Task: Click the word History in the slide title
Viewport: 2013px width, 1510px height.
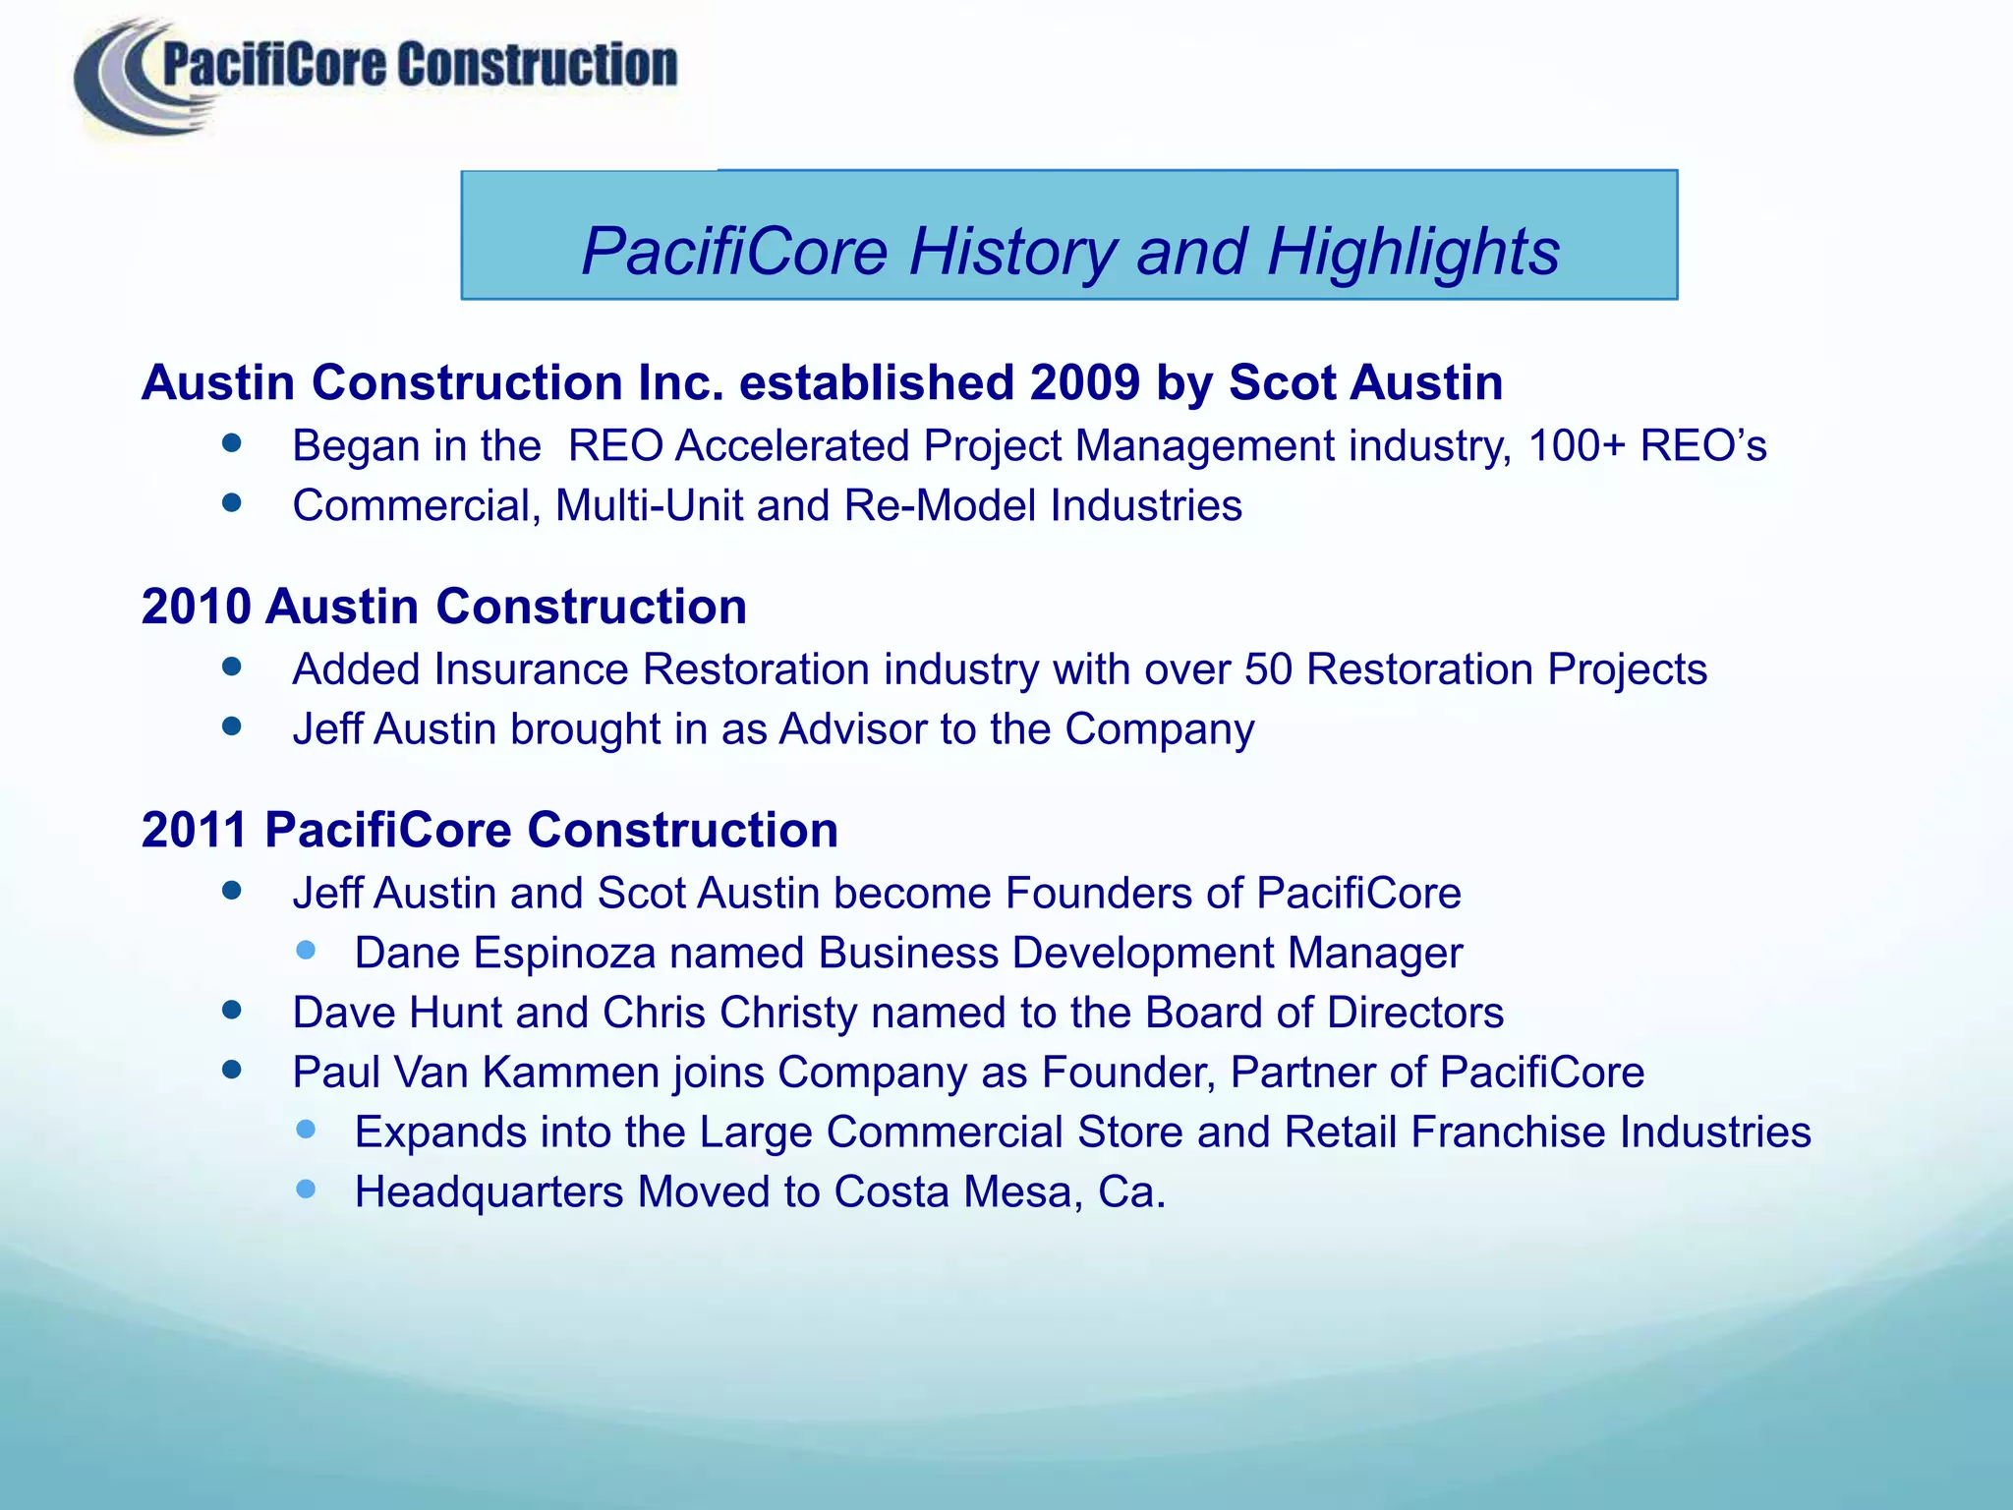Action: (x=1013, y=252)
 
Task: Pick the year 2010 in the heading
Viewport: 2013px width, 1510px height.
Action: (x=197, y=607)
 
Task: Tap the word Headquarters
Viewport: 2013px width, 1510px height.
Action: (x=489, y=1192)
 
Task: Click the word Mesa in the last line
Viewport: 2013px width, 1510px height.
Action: (x=1016, y=1192)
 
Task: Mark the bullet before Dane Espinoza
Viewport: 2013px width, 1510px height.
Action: (x=307, y=951)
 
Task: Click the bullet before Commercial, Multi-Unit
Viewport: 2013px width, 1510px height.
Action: (x=232, y=503)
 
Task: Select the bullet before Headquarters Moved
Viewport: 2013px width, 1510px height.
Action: (x=307, y=1190)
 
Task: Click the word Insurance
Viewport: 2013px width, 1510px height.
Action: (x=531, y=670)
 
